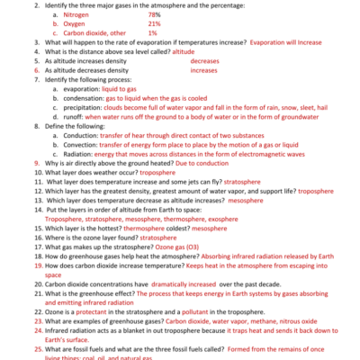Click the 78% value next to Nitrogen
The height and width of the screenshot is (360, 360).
[154, 14]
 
